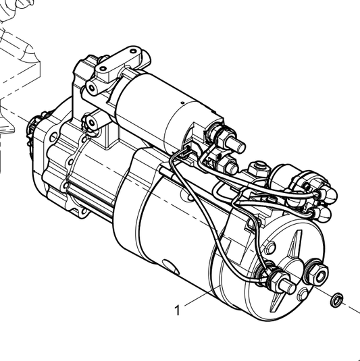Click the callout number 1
177,310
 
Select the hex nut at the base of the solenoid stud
221,135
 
